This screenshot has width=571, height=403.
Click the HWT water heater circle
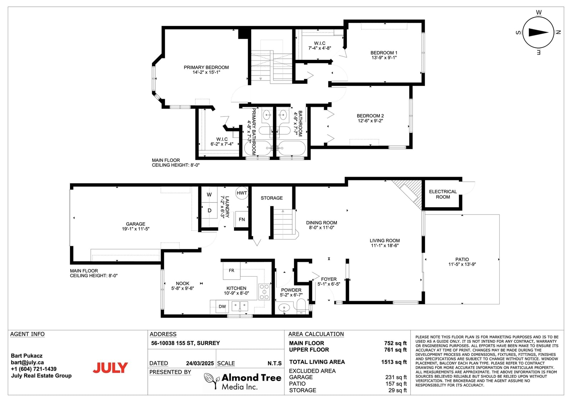[x=242, y=193]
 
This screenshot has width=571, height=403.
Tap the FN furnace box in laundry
[x=242, y=219]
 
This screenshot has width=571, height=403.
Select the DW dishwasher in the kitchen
[x=222, y=306]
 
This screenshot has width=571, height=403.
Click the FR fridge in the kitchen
[x=232, y=270]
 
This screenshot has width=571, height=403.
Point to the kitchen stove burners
[x=264, y=292]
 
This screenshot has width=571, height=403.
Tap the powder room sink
[x=284, y=308]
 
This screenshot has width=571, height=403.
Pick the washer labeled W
[x=209, y=195]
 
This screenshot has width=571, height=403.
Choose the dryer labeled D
[x=209, y=211]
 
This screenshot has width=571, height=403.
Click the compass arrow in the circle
[x=539, y=32]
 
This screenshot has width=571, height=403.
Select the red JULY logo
[x=110, y=368]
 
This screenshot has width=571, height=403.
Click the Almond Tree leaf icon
[x=211, y=380]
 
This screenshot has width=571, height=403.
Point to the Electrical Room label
[x=443, y=194]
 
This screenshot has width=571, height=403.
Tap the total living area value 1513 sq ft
[x=394, y=362]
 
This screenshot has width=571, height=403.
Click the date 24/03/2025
[x=200, y=363]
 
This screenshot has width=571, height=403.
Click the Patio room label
[x=462, y=259]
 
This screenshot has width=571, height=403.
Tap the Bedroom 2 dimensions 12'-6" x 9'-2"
[x=370, y=121]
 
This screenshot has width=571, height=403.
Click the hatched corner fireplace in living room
[x=407, y=194]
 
